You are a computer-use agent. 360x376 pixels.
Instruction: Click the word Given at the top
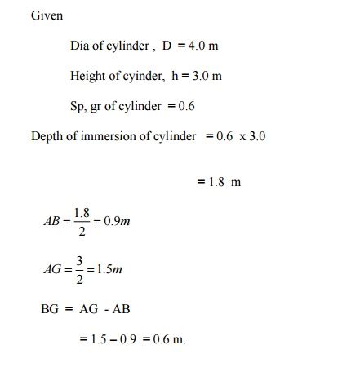tap(47, 15)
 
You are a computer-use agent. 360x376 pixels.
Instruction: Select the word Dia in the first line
tap(80, 46)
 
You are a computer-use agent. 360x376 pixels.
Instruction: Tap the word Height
tap(89, 76)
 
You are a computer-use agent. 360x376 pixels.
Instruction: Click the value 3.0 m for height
tap(205, 76)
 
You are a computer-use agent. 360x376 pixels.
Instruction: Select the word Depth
tap(47, 136)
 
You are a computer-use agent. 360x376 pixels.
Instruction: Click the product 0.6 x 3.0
tap(241, 136)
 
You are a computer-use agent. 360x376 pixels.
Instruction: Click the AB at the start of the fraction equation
tap(53, 220)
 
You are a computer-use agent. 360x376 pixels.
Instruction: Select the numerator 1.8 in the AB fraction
tap(82, 212)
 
